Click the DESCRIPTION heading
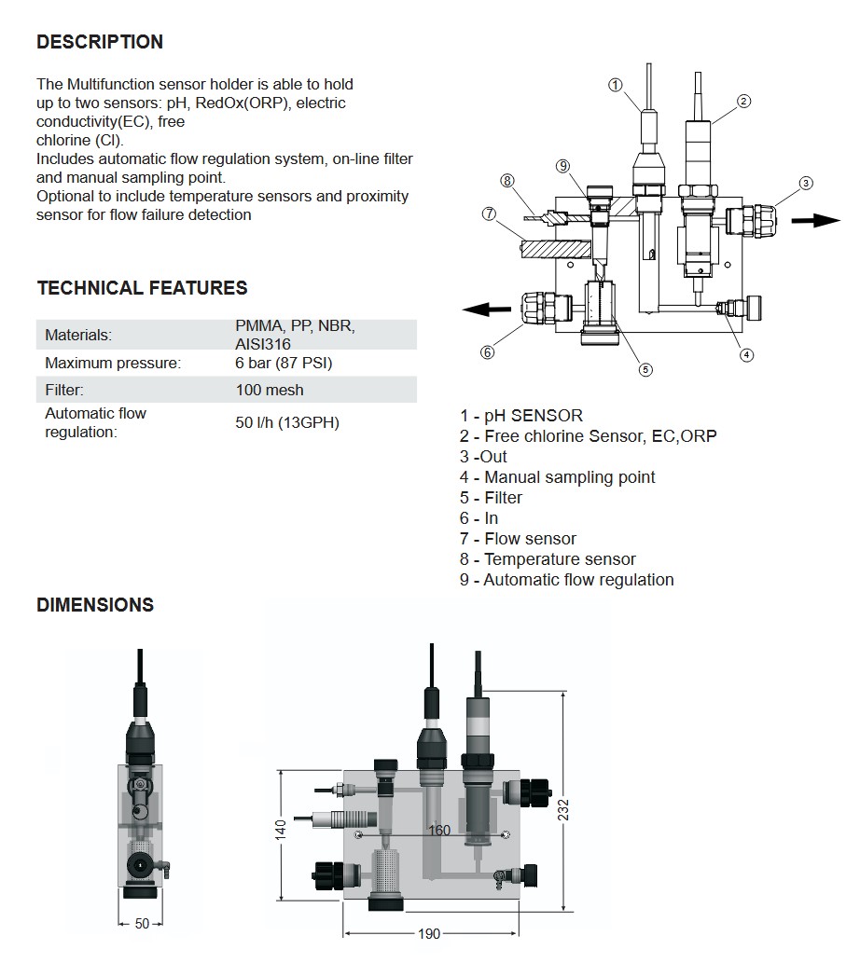100,42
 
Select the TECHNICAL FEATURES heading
143,288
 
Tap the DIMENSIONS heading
95,605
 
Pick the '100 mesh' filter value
270,391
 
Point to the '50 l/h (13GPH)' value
287,422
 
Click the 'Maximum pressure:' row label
113,363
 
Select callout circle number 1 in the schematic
615,85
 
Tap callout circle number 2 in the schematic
743,102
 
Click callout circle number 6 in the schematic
487,351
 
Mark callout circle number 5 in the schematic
645,369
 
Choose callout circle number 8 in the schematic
507,181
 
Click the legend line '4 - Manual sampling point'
557,477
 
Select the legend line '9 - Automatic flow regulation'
566,580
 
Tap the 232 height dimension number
563,808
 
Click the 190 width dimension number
428,934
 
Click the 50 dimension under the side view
142,924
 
